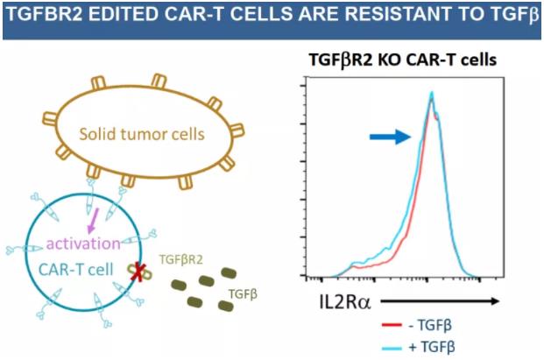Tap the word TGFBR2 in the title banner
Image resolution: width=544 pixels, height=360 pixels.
pyautogui.click(x=46, y=18)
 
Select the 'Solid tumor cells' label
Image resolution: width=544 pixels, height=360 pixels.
pyautogui.click(x=142, y=135)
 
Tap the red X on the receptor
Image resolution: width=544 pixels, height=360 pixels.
pyautogui.click(x=138, y=274)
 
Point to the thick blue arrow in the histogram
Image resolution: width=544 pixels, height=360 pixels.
pyautogui.click(x=390, y=136)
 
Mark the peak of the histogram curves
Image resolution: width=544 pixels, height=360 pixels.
pyautogui.click(x=431, y=95)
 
